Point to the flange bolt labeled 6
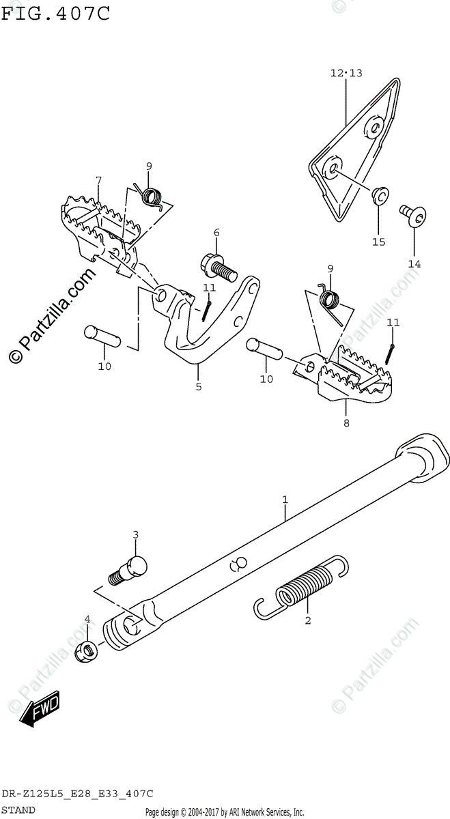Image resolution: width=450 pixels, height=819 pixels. point(217,263)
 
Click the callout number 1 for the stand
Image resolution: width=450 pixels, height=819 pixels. point(285,500)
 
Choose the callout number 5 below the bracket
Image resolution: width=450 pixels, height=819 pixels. point(199,387)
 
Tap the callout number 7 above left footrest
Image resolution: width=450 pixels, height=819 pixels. point(99,180)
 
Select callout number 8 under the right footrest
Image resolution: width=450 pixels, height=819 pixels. point(346,423)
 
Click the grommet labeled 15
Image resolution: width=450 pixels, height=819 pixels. point(380,197)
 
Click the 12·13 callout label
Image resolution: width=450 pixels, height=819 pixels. point(346,73)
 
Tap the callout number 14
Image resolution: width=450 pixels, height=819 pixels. point(414,263)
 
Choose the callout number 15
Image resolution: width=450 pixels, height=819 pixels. point(378,242)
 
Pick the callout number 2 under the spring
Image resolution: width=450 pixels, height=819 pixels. point(308,620)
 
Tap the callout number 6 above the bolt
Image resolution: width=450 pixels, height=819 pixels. point(216,233)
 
